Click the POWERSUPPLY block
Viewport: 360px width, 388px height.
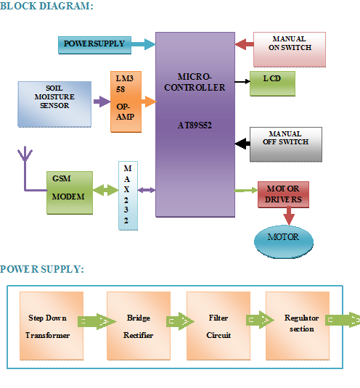(x=94, y=44)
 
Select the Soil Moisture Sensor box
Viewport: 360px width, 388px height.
(x=54, y=100)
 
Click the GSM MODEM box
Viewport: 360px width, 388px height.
(x=70, y=192)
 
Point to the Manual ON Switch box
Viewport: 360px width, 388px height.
(x=289, y=48)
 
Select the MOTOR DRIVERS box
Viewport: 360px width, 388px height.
(x=283, y=194)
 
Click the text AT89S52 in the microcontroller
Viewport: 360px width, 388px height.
(x=195, y=125)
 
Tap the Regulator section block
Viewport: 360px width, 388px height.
(x=298, y=324)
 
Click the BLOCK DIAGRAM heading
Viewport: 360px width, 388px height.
(x=46, y=7)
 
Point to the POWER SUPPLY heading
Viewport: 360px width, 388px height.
(x=41, y=269)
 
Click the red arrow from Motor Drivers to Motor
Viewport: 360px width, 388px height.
(x=289, y=216)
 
